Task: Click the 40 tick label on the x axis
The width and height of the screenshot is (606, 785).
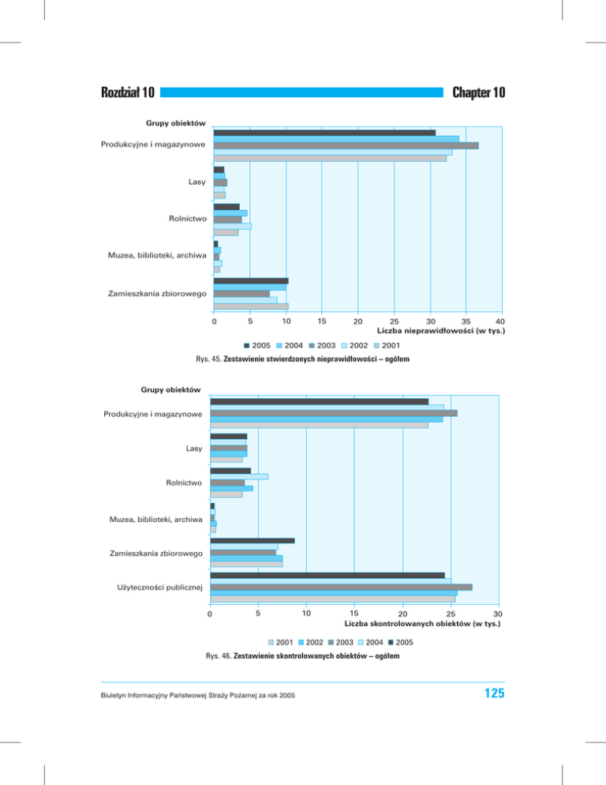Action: (x=499, y=321)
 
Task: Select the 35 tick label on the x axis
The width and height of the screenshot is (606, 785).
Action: (x=466, y=321)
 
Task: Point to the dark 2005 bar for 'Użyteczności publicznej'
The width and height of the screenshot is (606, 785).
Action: (x=327, y=575)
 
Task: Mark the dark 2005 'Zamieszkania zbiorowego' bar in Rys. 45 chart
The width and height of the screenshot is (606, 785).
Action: (x=251, y=280)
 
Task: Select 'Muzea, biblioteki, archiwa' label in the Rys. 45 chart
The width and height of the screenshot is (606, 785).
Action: (x=157, y=255)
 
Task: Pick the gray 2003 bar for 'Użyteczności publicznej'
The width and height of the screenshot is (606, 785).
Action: (x=341, y=587)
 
